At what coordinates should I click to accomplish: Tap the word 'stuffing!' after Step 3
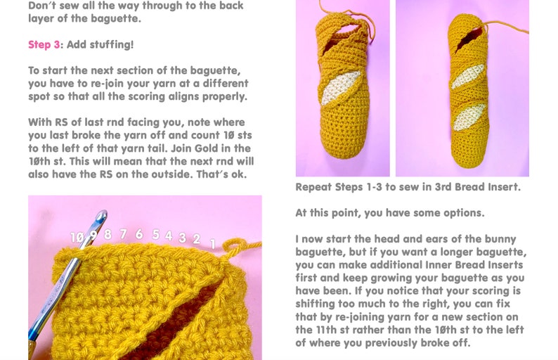(110, 45)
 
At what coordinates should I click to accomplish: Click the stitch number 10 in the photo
(77, 238)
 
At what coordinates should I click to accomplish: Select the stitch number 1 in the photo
(213, 243)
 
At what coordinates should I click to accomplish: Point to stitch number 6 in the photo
(139, 234)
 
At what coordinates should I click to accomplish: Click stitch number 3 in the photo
(183, 238)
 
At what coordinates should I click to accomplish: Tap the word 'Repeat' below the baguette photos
(314, 188)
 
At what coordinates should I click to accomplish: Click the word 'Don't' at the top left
(44, 6)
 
